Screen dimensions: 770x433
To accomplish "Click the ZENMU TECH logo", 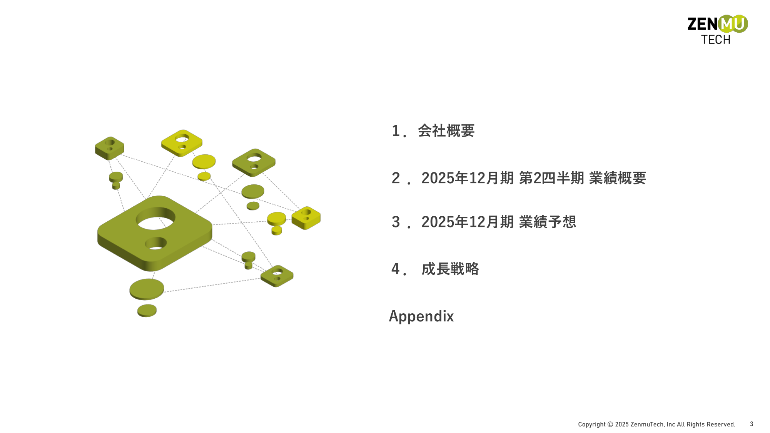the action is (x=717, y=30).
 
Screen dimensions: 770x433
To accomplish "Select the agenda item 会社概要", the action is (x=446, y=131).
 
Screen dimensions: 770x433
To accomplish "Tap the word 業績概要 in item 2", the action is (x=617, y=178).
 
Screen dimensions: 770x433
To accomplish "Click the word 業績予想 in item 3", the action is (x=547, y=222).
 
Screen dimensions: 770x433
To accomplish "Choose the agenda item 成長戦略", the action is (x=450, y=269).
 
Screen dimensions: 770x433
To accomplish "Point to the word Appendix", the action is (x=421, y=316).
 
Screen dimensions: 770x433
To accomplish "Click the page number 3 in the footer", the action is (x=752, y=424).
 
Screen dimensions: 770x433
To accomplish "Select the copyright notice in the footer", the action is (x=656, y=424).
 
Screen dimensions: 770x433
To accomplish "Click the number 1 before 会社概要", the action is (x=396, y=131).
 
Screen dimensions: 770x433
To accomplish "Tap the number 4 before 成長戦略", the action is (x=396, y=269).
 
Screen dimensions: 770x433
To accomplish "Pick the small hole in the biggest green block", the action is (x=155, y=243).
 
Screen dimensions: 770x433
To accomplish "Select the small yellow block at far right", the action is (x=306, y=218).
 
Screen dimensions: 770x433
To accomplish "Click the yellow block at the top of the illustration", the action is (x=182, y=143).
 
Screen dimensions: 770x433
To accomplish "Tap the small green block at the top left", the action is (x=110, y=148).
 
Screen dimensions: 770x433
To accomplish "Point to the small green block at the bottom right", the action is (x=277, y=276).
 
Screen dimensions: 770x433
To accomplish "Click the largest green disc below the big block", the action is (x=147, y=289).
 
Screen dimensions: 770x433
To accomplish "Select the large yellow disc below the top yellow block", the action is (x=204, y=162).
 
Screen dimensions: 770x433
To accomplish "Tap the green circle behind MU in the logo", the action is (x=733, y=24).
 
